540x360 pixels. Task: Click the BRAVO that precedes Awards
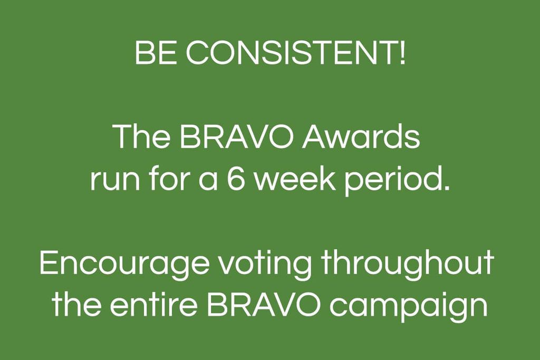[x=237, y=137]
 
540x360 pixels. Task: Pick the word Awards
[x=361, y=137]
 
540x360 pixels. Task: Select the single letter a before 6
[x=208, y=182]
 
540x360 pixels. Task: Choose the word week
[x=295, y=179]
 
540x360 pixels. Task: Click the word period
[x=393, y=182]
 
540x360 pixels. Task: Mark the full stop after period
[x=446, y=187]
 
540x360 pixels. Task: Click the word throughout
[x=408, y=264]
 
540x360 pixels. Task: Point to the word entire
[x=154, y=305]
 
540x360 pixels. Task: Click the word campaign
[x=409, y=307]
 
